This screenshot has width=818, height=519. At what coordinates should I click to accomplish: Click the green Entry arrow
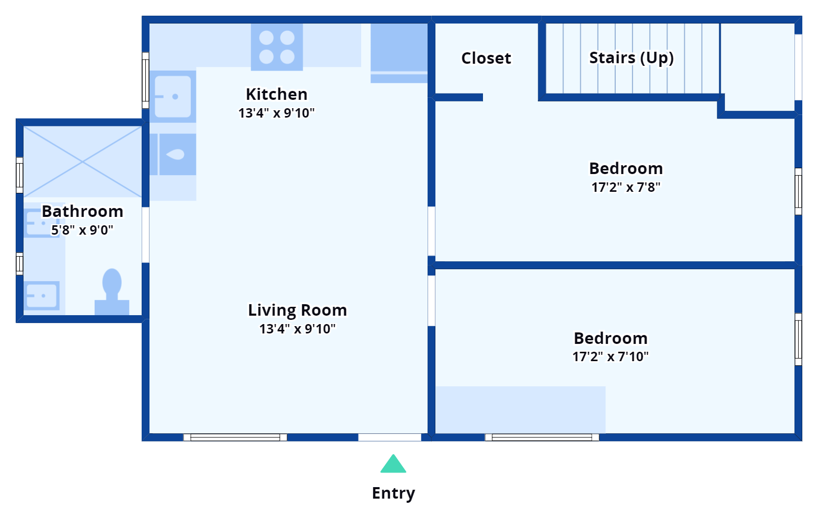393,464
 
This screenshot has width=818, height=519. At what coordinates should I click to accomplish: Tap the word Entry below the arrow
393,493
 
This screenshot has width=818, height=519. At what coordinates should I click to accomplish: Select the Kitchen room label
276,95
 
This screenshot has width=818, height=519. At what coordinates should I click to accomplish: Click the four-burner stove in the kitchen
277,47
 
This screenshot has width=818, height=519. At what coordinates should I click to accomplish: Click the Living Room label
297,310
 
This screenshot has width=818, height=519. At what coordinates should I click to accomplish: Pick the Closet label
486,58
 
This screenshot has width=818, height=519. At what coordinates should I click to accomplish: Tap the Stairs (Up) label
631,57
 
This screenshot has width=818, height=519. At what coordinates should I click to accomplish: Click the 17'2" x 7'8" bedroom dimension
626,187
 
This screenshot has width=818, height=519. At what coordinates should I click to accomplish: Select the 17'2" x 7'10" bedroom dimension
610,356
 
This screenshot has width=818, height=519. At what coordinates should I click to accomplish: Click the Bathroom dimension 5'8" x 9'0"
82,230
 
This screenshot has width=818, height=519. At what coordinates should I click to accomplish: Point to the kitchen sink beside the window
172,97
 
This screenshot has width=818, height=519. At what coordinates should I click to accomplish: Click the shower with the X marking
83,162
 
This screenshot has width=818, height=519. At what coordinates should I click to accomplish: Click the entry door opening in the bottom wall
389,437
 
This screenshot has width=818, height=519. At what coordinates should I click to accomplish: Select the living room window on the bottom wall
235,437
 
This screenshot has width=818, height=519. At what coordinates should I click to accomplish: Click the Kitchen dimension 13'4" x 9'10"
276,113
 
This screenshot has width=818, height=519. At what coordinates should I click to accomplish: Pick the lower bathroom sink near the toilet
42,296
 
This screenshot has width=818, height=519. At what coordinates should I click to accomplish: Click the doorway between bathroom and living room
146,235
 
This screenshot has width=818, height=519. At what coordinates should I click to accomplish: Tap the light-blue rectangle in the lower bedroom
521,410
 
